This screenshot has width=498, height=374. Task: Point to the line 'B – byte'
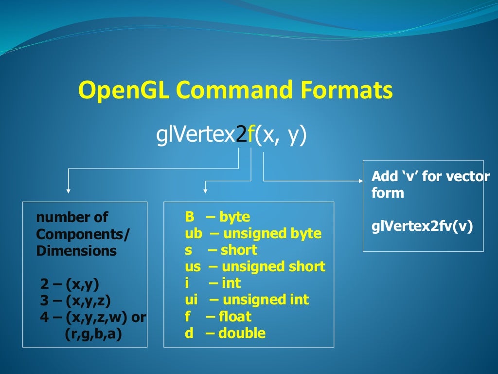(217, 217)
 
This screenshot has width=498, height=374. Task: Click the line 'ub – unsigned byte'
(253, 233)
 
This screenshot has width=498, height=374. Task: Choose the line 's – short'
(221, 250)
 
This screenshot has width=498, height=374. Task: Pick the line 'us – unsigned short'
(255, 266)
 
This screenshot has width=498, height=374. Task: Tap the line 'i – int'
(213, 283)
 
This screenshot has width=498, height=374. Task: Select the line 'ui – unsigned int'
(247, 299)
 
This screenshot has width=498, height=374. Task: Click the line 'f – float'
(218, 317)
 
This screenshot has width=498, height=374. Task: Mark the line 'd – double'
(225, 333)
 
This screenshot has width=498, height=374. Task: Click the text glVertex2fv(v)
(422, 226)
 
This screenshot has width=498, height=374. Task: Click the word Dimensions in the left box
(76, 251)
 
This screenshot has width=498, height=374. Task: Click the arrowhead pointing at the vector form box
(360, 181)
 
